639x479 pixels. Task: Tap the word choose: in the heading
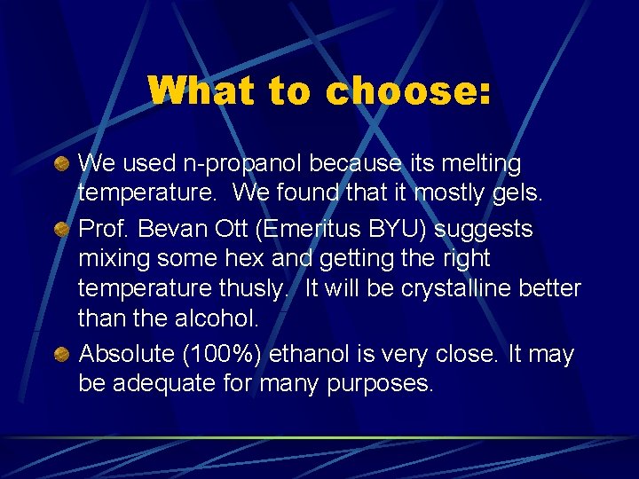tap(409, 91)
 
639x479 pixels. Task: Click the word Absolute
tap(126, 355)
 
